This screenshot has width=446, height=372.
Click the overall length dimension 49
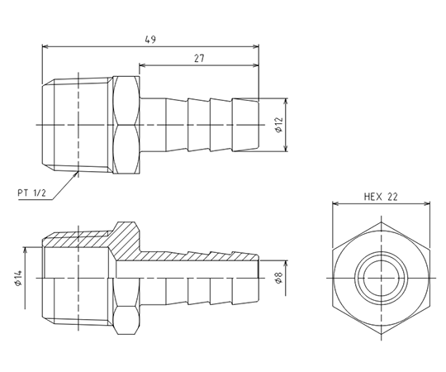[x=150, y=40]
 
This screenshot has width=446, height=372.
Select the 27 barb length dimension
[x=199, y=59]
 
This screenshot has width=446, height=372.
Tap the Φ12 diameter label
[x=279, y=124]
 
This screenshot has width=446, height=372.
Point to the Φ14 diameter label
[x=18, y=278]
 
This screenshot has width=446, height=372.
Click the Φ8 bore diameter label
[x=279, y=278]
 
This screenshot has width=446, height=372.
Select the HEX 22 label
[x=381, y=197]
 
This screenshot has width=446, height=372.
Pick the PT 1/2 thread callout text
[x=31, y=193]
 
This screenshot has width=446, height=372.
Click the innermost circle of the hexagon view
[x=381, y=278]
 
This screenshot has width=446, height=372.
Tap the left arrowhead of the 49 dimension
[x=45, y=46]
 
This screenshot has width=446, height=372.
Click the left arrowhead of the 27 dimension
[x=142, y=66]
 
